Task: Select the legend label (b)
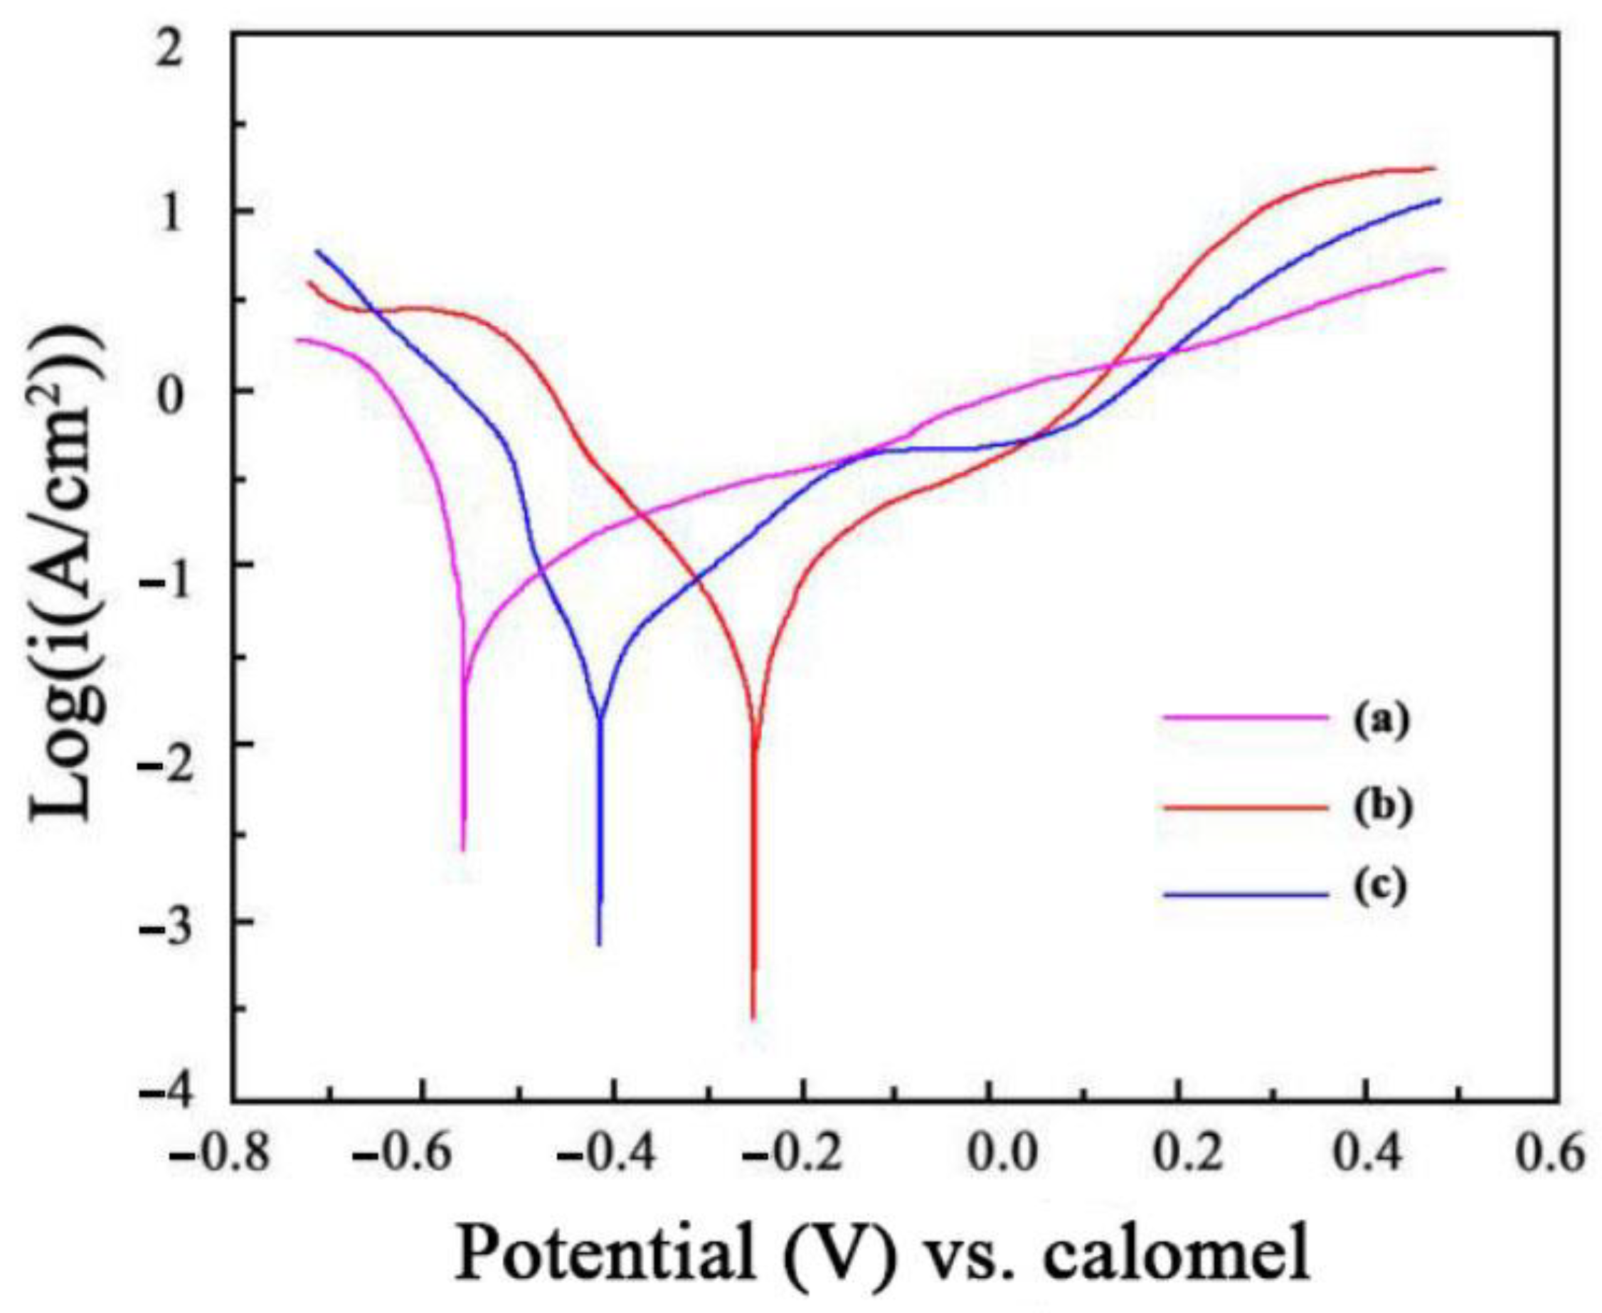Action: tap(1382, 808)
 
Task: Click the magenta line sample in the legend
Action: tap(1245, 717)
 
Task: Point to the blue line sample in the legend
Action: tap(1245, 895)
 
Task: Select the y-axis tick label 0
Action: tap(173, 392)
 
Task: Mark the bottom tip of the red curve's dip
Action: tap(753, 1019)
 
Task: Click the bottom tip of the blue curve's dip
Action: tap(599, 944)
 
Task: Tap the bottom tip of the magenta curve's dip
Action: tap(463, 849)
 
